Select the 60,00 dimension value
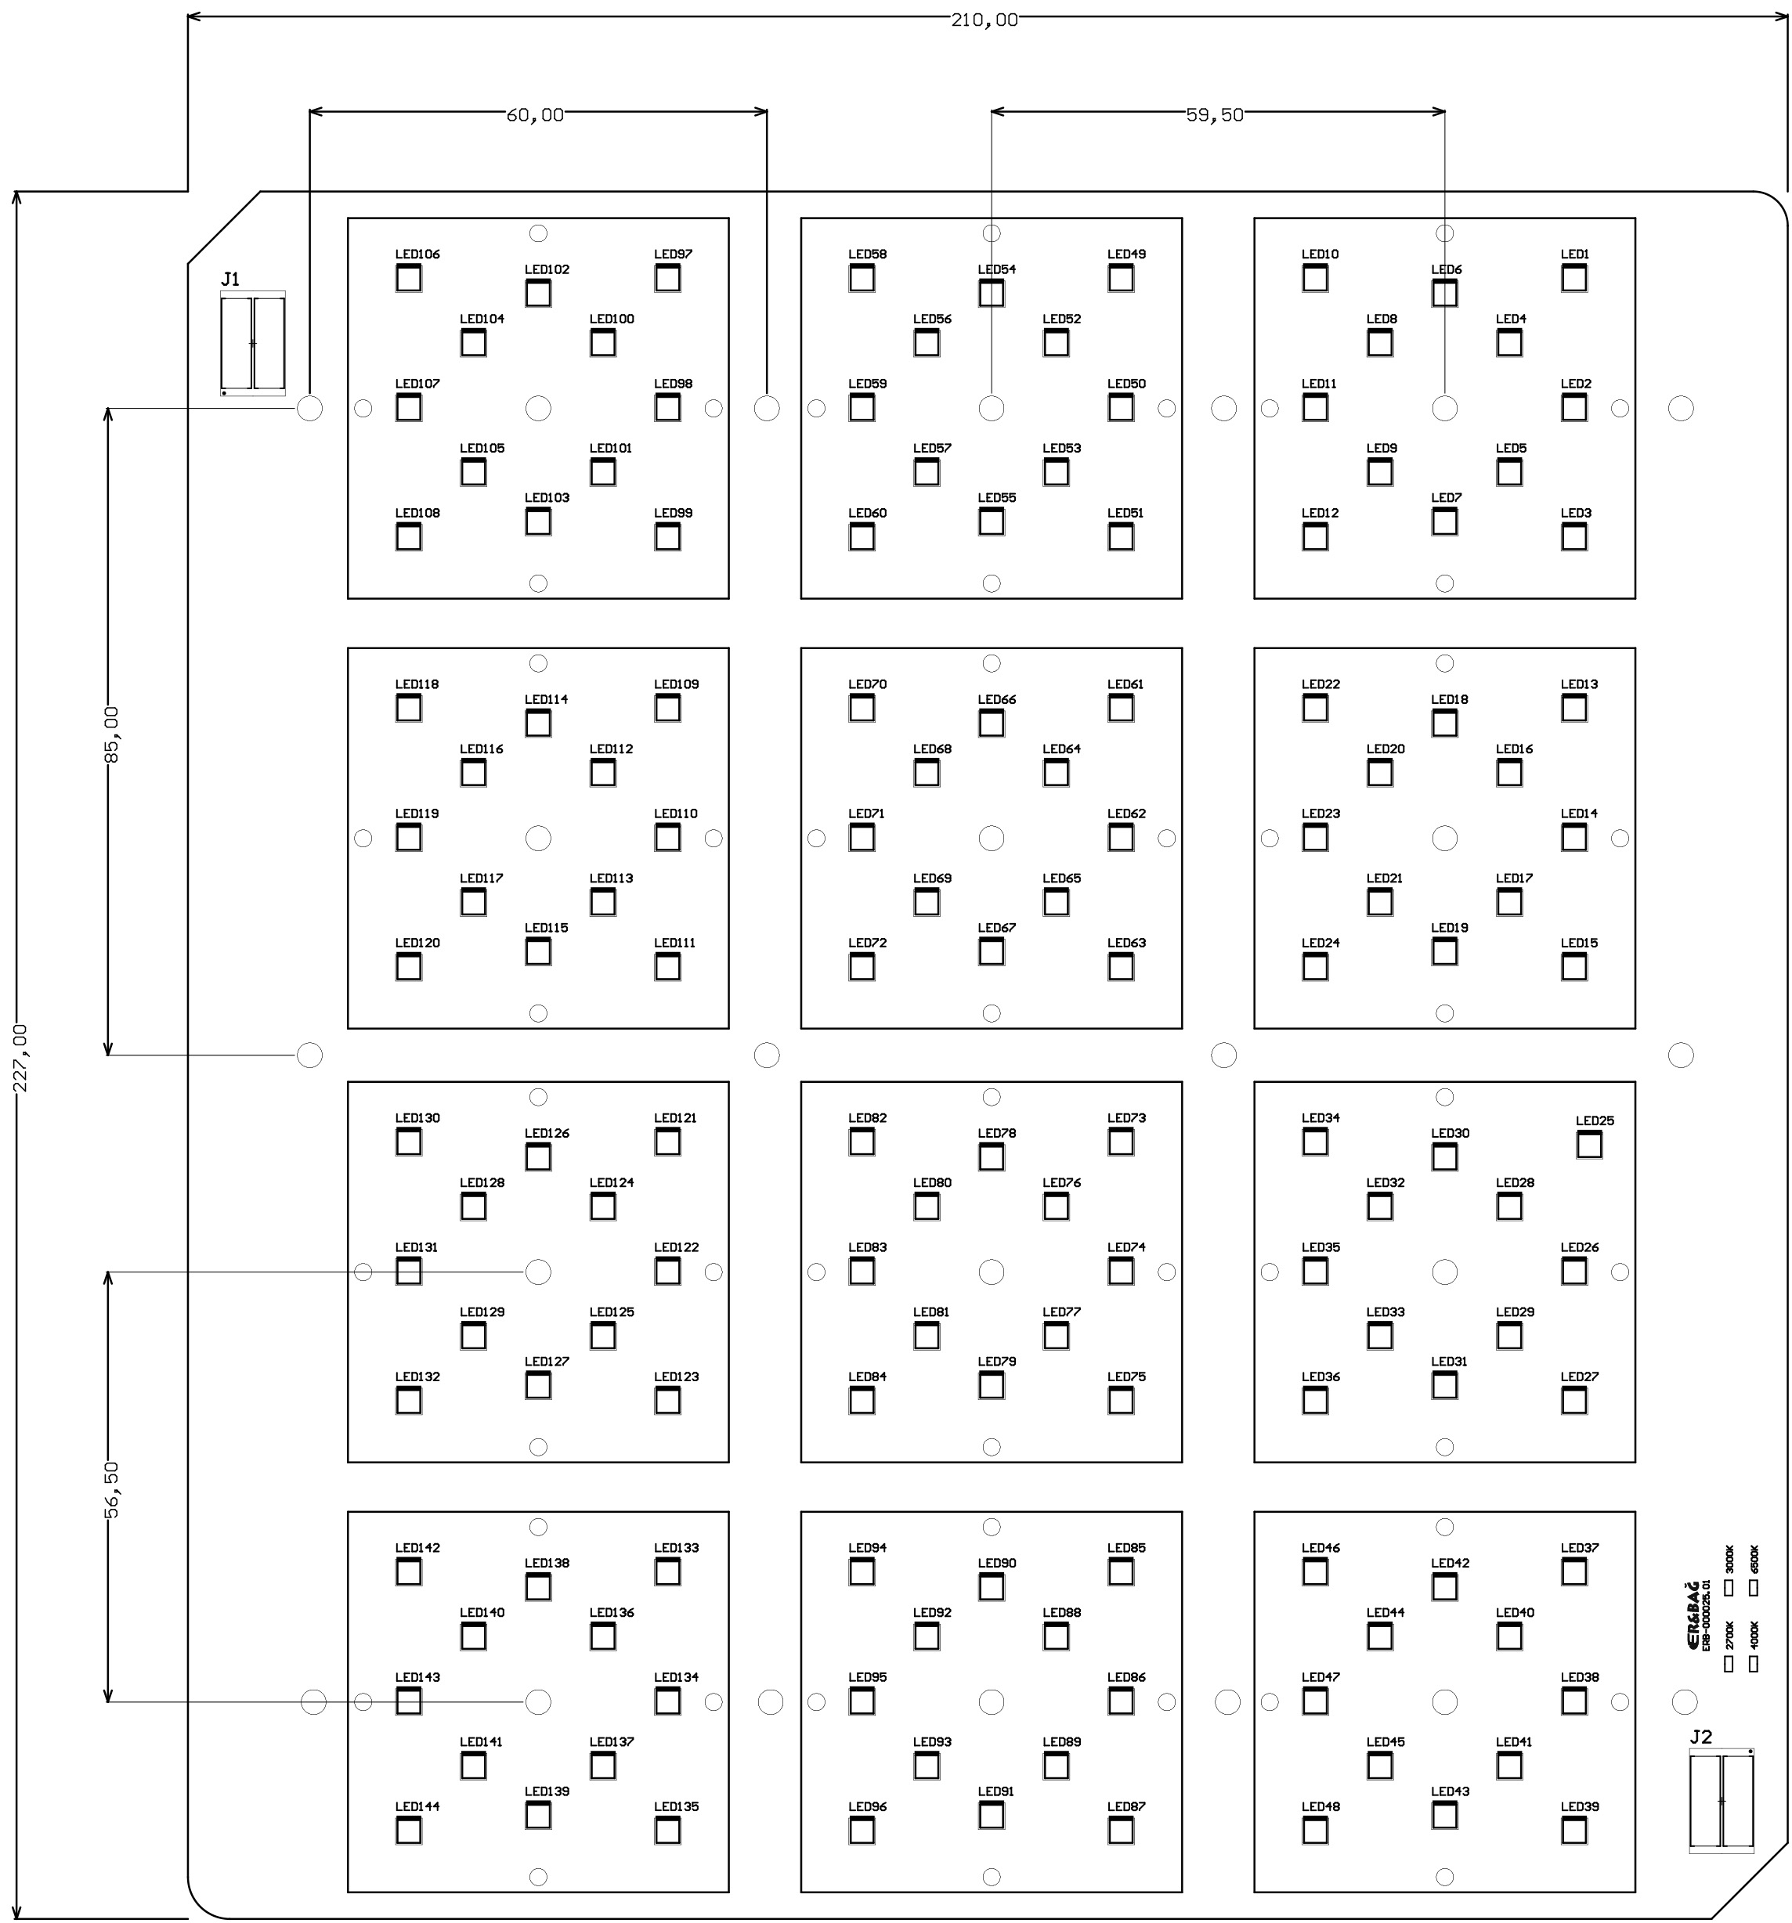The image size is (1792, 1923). pyautogui.click(x=534, y=115)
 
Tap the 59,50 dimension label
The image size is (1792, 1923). pyautogui.click(x=1213, y=115)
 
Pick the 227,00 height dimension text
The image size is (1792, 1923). pyautogui.click(x=20, y=1059)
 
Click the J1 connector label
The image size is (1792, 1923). pyautogui.click(x=230, y=280)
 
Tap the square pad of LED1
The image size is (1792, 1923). pyautogui.click(x=1573, y=279)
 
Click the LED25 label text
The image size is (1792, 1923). pyautogui.click(x=1594, y=1121)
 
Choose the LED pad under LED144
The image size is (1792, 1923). pyautogui.click(x=408, y=1830)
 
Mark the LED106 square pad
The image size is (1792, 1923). pyautogui.click(x=408, y=279)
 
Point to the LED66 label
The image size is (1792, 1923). pyautogui.click(x=995, y=699)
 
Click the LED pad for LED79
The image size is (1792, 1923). pyautogui.click(x=991, y=1385)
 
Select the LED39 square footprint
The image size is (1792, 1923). pyautogui.click(x=1573, y=1830)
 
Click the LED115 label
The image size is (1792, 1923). pyautogui.click(x=546, y=928)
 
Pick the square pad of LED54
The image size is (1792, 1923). pyautogui.click(x=991, y=293)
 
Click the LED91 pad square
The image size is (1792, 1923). pyautogui.click(x=991, y=1816)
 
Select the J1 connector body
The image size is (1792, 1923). pyautogui.click(x=252, y=344)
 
